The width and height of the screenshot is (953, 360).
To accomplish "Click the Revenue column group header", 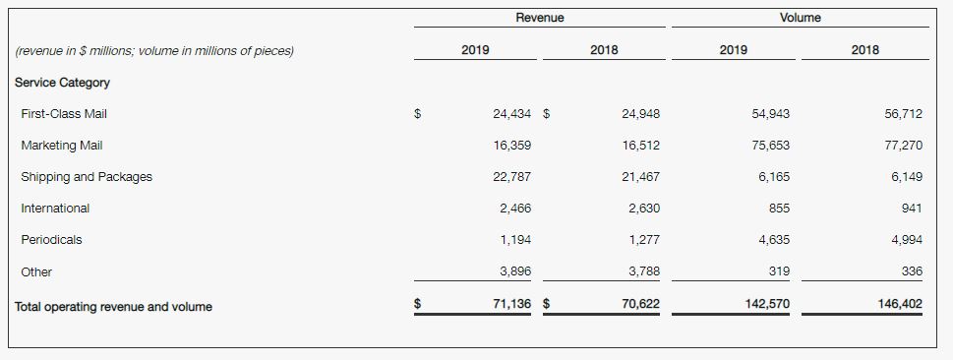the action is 540,18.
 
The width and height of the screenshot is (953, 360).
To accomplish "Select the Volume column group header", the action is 801,18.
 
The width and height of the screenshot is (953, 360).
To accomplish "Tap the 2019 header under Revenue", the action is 475,50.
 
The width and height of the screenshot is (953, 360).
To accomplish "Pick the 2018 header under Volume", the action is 864,50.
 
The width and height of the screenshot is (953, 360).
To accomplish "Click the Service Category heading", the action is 62,83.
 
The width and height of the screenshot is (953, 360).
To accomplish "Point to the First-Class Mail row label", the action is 64,114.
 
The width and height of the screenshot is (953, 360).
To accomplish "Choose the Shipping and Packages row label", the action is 87,177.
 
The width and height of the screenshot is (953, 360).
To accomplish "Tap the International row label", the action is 55,209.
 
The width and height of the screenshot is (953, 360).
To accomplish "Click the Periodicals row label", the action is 51,240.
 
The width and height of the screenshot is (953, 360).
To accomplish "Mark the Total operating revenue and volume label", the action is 114,307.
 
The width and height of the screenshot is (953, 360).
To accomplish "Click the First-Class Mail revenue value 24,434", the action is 511,114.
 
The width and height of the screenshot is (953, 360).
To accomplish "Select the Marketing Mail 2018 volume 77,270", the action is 903,146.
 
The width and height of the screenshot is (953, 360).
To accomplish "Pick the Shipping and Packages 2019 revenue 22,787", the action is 511,177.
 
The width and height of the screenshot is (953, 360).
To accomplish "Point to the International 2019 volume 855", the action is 779,209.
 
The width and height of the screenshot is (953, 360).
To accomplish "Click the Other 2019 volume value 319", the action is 779,271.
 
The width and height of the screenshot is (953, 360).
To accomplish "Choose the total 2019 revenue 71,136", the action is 511,304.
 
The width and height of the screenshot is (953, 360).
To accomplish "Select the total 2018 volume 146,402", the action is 900,304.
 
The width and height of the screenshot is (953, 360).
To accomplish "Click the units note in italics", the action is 154,51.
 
